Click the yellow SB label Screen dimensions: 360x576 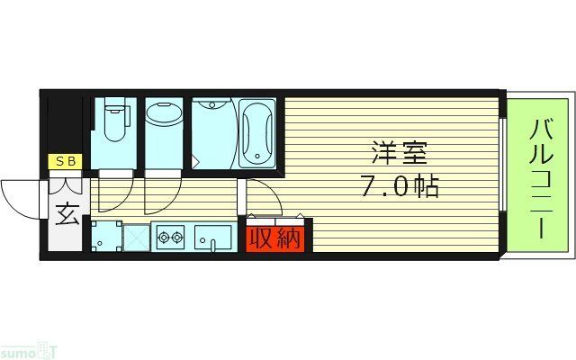point(66,162)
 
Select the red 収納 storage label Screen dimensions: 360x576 point(274,238)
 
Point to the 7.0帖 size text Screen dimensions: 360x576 point(400,188)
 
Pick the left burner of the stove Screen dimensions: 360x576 point(164,239)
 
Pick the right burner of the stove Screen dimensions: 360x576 point(177,239)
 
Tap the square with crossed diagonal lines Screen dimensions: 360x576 point(135,238)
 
